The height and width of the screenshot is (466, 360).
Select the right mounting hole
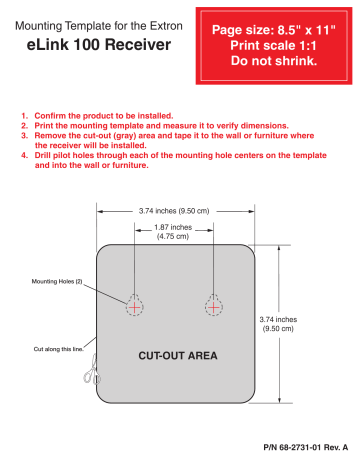(213, 305)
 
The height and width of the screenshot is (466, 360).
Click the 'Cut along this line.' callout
(59, 349)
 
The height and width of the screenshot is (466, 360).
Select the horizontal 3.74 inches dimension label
(174, 211)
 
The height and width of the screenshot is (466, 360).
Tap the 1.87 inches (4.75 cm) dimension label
(174, 233)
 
